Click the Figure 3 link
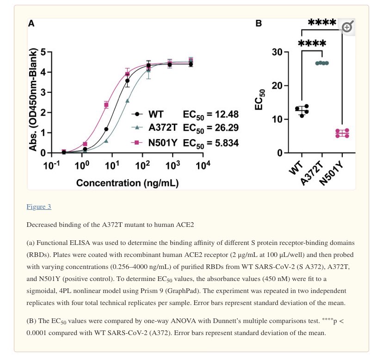point(39,207)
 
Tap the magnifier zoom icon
point(346,27)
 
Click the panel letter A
point(31,24)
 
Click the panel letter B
point(259,24)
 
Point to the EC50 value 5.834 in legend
point(223,143)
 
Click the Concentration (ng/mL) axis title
point(127,183)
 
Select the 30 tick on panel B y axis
point(277,52)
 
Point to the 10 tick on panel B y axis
point(277,119)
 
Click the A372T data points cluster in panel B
point(321,63)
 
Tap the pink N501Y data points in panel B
point(342,134)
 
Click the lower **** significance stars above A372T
point(312,44)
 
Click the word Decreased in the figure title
point(43,225)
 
